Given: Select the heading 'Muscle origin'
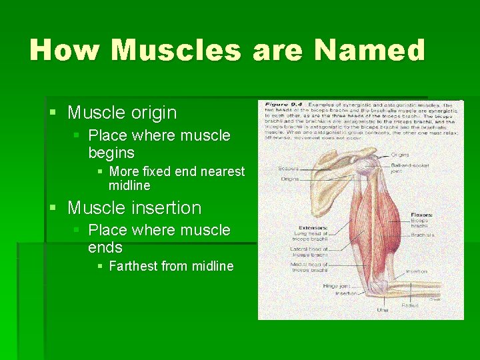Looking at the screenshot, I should [x=122, y=113].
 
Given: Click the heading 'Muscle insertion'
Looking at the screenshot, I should [x=134, y=208].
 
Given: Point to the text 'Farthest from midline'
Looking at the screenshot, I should [x=171, y=267].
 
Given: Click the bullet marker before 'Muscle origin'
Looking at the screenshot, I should [x=53, y=113].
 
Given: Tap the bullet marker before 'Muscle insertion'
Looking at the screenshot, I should [x=53, y=208].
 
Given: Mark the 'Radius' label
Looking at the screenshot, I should [x=410, y=305].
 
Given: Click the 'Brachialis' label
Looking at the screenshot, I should [x=423, y=235].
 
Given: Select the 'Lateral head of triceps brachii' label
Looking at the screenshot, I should [x=308, y=251].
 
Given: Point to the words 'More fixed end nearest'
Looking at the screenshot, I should [x=177, y=172].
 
